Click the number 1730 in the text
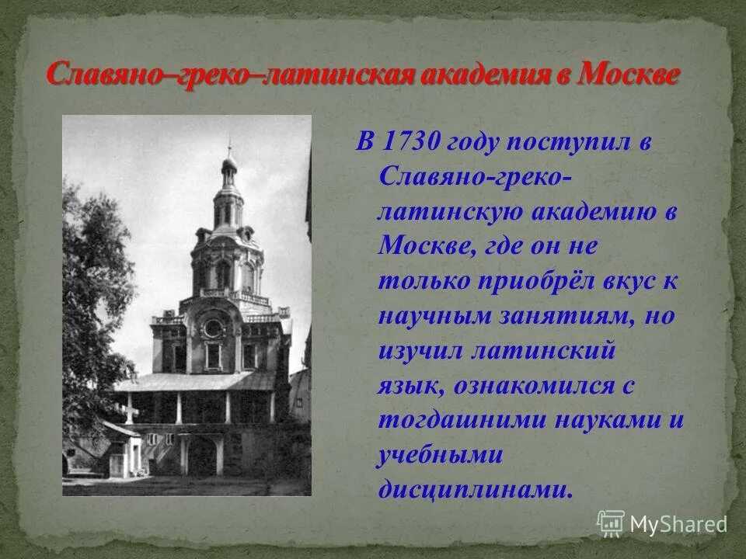[x=414, y=143]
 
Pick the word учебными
[x=441, y=454]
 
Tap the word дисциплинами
[x=476, y=488]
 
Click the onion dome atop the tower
[x=229, y=161]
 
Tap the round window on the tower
[x=212, y=328]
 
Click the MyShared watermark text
[x=678, y=524]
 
